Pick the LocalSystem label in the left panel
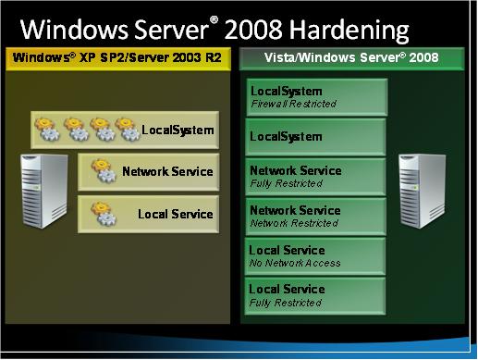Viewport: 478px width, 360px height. (x=178, y=130)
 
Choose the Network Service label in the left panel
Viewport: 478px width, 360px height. (x=167, y=171)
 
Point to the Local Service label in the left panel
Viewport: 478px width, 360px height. (x=175, y=214)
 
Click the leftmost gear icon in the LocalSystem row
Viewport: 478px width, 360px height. (x=47, y=129)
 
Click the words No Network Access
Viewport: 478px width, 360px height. (x=295, y=263)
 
